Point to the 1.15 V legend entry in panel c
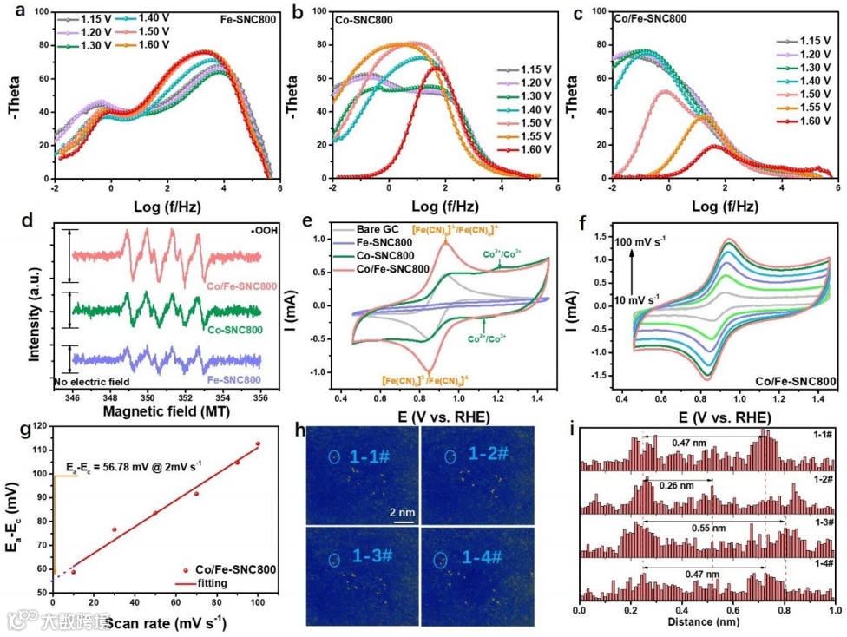[806, 41]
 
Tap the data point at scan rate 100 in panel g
[257, 443]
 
